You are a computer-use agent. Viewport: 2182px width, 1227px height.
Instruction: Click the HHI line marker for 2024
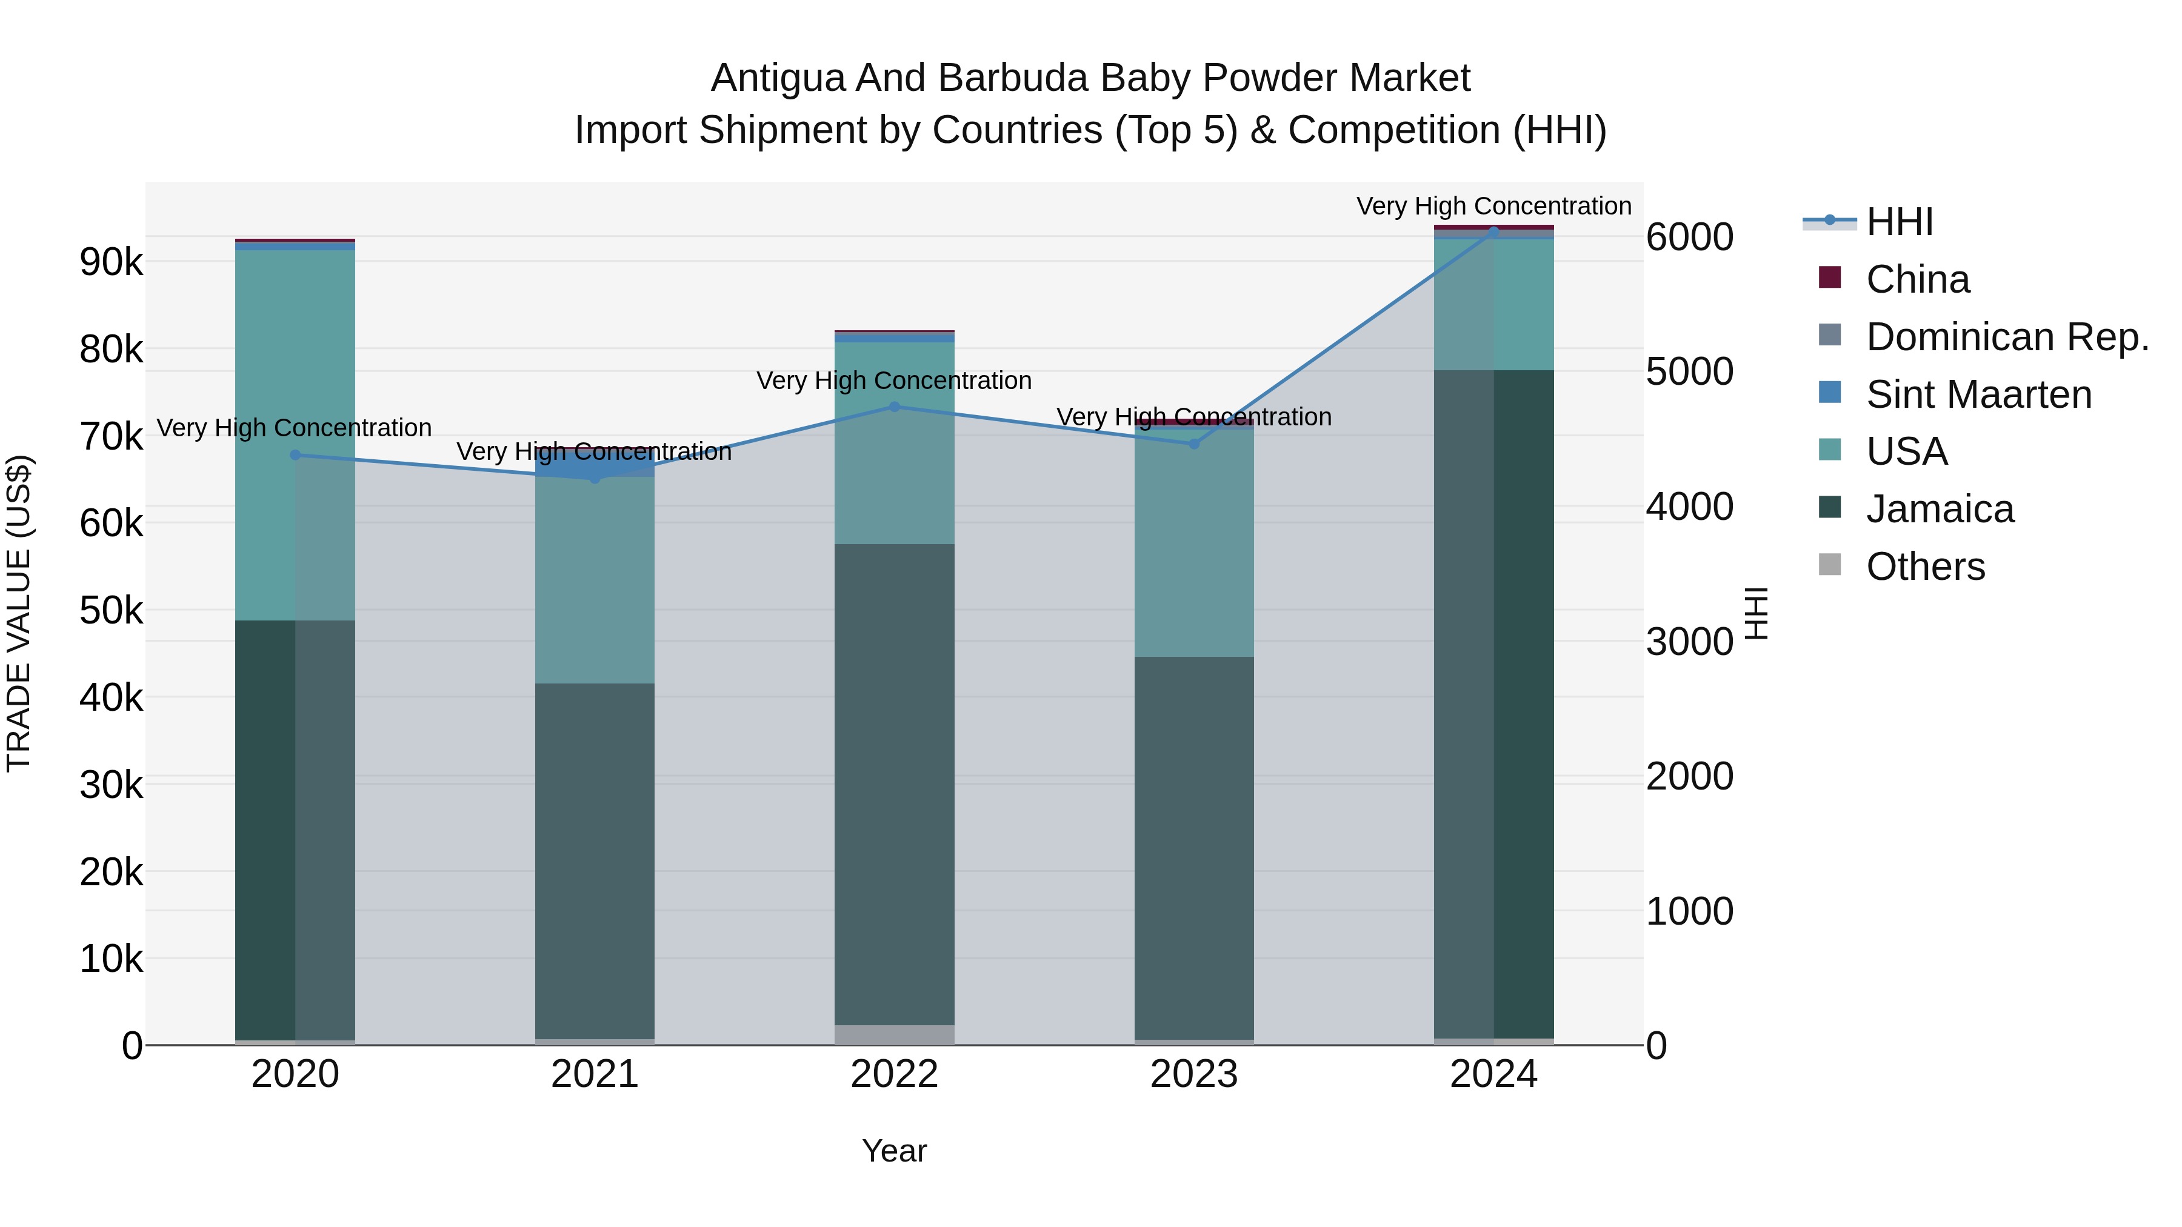pos(1493,230)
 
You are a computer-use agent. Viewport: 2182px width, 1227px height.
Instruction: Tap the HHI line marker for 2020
pos(295,454)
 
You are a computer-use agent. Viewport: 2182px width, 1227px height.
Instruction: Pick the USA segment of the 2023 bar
pos(1193,542)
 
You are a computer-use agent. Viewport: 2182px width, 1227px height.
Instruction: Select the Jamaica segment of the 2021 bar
pos(595,859)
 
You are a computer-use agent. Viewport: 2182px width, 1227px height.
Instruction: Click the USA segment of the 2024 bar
pos(1493,305)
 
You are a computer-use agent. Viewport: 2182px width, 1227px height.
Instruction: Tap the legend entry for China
pos(1918,279)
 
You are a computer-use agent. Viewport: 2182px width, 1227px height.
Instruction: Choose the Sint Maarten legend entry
pos(1979,394)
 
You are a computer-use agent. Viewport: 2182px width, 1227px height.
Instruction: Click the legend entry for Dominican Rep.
pos(2007,337)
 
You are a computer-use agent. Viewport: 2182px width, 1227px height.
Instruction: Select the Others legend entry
pos(1926,567)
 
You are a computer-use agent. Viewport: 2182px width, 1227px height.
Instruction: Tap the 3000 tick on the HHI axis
pos(1689,641)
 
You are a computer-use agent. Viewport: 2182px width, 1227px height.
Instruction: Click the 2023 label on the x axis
pos(1193,1074)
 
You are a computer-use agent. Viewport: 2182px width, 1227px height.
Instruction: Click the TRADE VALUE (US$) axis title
pos(19,613)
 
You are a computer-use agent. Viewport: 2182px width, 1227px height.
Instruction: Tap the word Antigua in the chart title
pos(777,78)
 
